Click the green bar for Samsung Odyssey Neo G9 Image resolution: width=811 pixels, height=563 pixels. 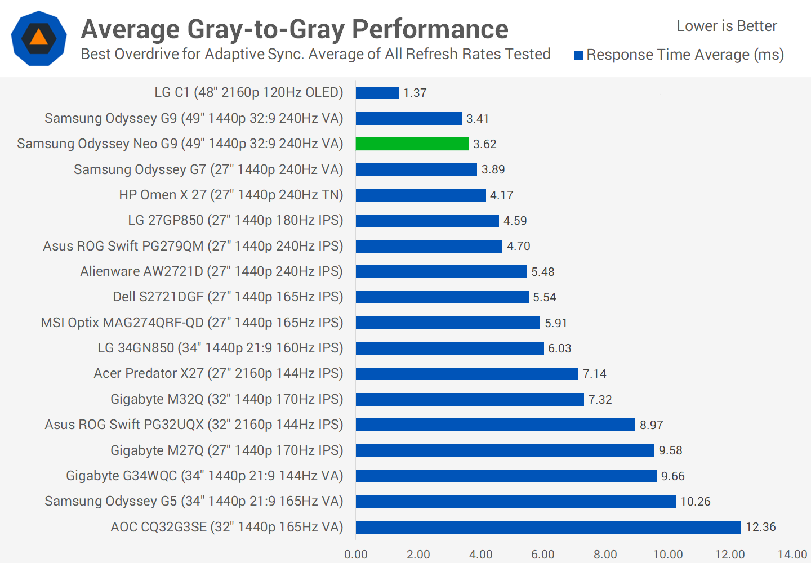pyautogui.click(x=412, y=144)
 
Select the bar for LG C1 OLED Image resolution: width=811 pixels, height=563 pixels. pyautogui.click(x=377, y=93)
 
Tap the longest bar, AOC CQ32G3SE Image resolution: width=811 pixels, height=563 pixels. pyautogui.click(x=548, y=527)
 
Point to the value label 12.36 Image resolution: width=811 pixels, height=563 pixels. pyautogui.click(x=761, y=527)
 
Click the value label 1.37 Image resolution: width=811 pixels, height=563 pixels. pyautogui.click(x=415, y=93)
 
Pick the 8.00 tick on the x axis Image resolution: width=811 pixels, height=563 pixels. pyautogui.click(x=605, y=555)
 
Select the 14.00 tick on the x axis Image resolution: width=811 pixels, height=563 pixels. pyautogui.click(x=792, y=555)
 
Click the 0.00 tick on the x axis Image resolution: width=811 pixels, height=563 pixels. pyautogui.click(x=356, y=555)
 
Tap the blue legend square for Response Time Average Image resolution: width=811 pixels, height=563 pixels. pyautogui.click(x=578, y=55)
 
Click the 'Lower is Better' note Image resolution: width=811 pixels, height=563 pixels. pyautogui.click(x=727, y=26)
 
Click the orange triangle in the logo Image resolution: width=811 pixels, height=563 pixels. pyautogui.click(x=38, y=37)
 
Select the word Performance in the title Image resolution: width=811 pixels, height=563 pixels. pyautogui.click(x=430, y=29)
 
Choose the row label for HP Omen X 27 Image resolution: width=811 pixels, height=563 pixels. pyautogui.click(x=231, y=195)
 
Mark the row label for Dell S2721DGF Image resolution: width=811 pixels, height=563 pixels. pyautogui.click(x=228, y=297)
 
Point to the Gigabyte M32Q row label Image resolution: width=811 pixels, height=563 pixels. pyautogui.click(x=226, y=399)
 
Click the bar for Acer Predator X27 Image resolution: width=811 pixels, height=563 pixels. pyautogui.click(x=467, y=374)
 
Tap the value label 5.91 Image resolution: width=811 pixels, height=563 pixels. pyautogui.click(x=556, y=323)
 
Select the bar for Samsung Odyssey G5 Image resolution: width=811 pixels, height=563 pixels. pyautogui.click(x=515, y=501)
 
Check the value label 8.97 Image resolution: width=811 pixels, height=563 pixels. pyautogui.click(x=652, y=425)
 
